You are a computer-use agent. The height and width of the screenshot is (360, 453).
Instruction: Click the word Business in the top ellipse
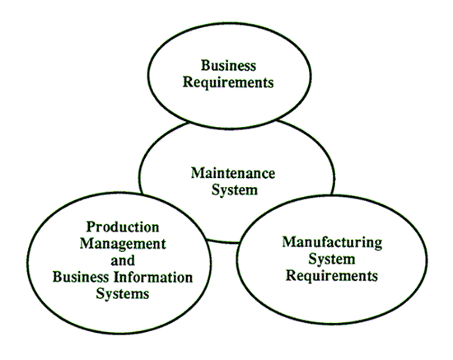228,65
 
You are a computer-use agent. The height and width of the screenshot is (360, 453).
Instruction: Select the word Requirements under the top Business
228,82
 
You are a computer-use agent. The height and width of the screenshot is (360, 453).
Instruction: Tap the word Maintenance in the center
233,173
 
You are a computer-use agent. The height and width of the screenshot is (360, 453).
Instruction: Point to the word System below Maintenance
234,190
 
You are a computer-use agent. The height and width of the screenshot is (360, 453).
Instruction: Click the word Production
123,227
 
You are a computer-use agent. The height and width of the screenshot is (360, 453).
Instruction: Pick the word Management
123,244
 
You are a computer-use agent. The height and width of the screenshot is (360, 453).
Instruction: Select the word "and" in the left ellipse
123,260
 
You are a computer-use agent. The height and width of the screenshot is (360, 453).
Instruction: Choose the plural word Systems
123,294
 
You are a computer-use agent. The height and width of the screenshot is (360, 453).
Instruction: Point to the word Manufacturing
332,242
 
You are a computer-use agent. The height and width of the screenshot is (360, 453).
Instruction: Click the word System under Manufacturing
332,259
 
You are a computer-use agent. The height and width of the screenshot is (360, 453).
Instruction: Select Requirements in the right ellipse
332,276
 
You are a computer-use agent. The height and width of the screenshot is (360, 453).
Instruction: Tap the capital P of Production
91,227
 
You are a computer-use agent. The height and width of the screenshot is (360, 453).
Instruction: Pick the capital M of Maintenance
198,173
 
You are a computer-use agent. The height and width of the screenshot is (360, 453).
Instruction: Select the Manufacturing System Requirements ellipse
427,259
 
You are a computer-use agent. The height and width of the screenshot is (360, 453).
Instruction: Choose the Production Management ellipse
27,263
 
